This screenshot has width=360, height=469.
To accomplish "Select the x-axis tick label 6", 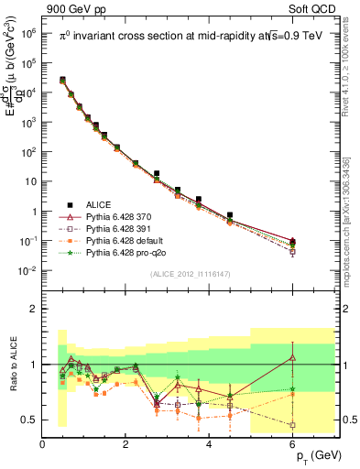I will (292, 444).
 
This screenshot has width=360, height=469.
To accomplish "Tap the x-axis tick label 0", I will (42, 444).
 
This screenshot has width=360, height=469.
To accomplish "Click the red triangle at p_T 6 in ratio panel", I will (292, 356).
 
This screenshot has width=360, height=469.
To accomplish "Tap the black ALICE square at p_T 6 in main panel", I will (292, 241).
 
